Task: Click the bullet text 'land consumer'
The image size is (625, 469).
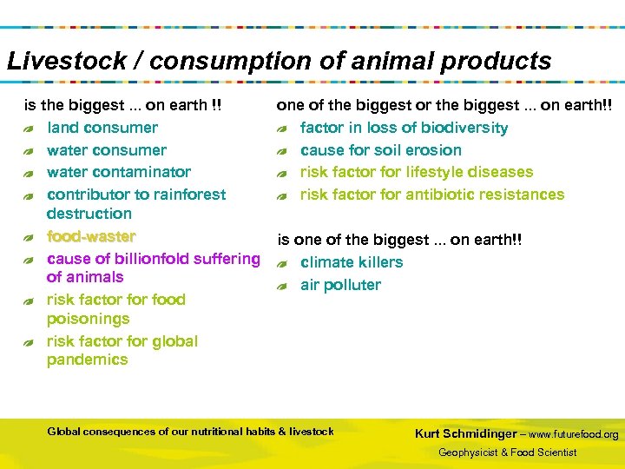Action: coord(102,128)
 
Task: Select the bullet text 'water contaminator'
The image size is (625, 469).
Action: coord(118,172)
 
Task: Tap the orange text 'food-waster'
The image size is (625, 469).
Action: coord(90,236)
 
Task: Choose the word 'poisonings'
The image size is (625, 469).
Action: coord(88,319)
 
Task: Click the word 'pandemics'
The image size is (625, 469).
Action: coord(87,360)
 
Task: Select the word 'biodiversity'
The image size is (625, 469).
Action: coord(465,128)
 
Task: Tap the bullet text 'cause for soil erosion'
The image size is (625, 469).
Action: coord(380,150)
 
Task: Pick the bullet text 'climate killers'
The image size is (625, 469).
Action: coord(351,262)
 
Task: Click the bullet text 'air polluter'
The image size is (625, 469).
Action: coord(339,285)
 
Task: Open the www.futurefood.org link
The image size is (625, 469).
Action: coord(573,434)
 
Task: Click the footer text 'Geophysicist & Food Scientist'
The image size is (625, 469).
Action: coord(507,452)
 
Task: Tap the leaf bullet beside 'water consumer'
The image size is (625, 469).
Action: coord(29,151)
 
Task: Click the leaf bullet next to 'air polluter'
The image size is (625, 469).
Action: coord(281,286)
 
